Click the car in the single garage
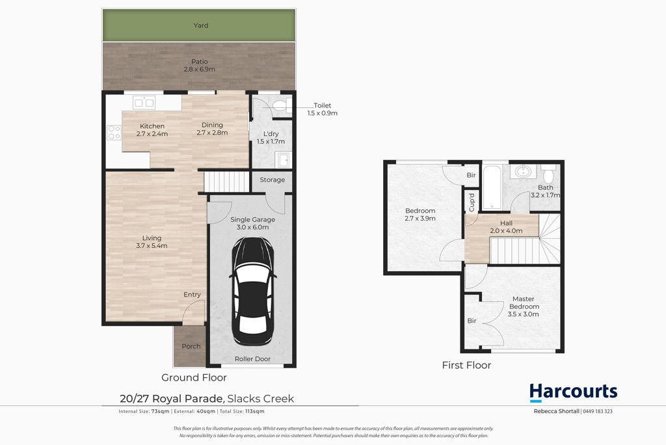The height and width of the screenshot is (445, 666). [253, 291]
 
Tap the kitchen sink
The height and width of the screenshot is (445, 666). [144, 102]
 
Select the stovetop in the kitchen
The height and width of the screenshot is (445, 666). [114, 133]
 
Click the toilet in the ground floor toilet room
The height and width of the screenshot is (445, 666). [282, 105]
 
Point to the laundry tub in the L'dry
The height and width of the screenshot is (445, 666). [284, 160]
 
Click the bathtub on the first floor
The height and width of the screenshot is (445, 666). [492, 187]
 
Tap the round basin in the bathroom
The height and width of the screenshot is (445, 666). [523, 172]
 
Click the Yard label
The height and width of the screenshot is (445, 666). [201, 25]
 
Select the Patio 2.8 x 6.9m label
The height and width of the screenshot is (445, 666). [200, 66]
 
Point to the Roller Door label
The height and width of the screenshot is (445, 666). [253, 358]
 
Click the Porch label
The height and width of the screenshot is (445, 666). [191, 346]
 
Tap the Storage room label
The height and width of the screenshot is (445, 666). [273, 180]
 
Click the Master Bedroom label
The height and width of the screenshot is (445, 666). [524, 303]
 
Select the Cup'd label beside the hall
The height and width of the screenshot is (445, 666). [472, 202]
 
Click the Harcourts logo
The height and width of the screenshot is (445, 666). [573, 392]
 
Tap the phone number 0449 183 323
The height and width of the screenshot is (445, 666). [598, 411]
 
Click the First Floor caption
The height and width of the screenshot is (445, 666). [466, 365]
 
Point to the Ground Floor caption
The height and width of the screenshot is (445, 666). [194, 377]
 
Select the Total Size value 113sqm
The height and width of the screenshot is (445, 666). [255, 411]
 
